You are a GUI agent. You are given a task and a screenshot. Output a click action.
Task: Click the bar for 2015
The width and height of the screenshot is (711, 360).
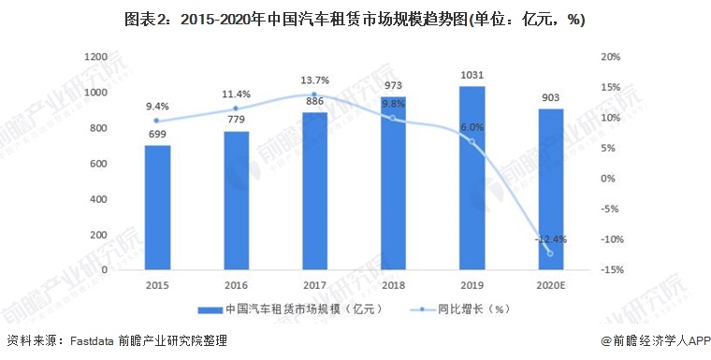[157, 207]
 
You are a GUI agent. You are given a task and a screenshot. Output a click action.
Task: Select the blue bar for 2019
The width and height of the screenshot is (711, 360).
[472, 178]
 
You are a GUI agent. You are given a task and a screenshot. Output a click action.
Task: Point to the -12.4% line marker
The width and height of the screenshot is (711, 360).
[550, 253]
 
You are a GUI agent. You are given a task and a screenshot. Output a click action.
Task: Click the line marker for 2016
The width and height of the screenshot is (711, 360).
[236, 108]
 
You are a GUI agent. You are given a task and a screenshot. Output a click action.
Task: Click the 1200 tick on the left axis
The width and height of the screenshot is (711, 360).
[95, 57]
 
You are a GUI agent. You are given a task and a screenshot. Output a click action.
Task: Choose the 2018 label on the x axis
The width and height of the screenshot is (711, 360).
[393, 285]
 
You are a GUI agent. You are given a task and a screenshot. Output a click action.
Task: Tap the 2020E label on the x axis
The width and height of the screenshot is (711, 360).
[550, 285]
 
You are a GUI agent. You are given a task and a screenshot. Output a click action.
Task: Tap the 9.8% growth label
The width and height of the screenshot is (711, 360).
[393, 104]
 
